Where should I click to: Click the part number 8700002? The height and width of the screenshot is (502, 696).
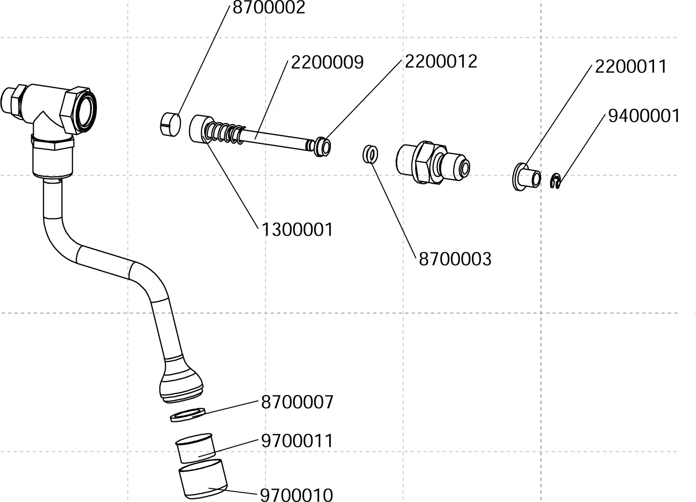(269, 7)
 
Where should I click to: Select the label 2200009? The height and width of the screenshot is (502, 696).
(327, 62)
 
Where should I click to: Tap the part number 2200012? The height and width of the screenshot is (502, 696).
(441, 61)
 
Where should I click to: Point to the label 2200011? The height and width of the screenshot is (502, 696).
(631, 67)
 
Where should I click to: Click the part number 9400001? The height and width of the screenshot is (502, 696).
(644, 115)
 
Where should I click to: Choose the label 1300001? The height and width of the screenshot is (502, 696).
(297, 230)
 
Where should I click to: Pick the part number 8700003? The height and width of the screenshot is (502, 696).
(455, 259)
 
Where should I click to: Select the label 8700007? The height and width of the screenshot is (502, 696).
(297, 402)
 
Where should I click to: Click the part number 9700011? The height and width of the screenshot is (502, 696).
(297, 441)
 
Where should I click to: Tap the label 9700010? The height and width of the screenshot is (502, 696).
(296, 495)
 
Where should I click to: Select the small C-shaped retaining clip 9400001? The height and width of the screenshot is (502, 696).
(555, 182)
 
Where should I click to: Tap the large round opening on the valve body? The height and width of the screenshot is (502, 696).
(87, 112)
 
